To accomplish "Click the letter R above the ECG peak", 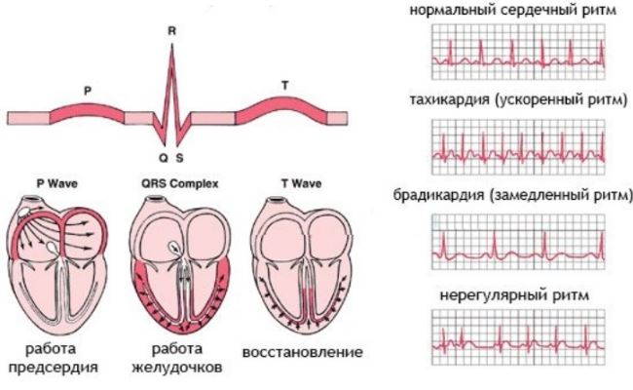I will [x=171, y=31].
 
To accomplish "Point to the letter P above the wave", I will [x=88, y=91].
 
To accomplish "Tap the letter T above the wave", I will [x=284, y=86].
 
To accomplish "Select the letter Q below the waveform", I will [x=163, y=156].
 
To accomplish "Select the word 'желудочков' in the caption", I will [x=181, y=368].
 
